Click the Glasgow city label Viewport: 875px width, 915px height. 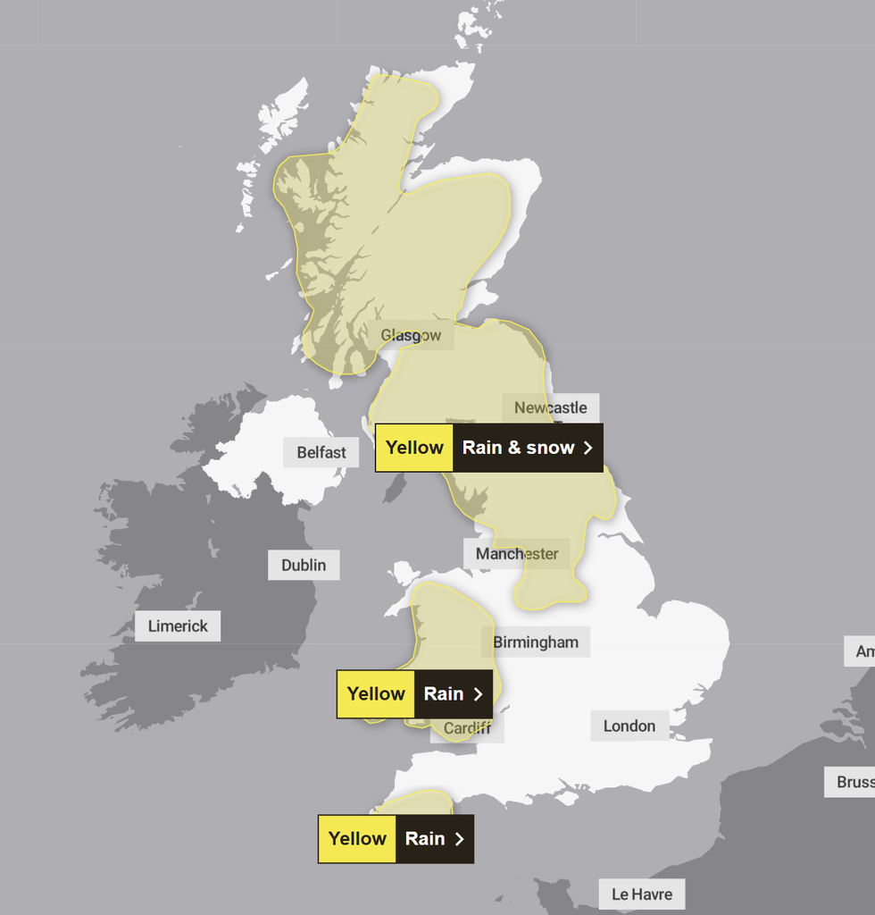point(411,336)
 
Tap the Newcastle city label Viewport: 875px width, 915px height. point(550,408)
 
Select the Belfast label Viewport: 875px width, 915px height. point(321,453)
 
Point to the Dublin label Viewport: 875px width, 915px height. point(304,565)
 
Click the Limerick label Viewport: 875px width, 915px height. point(178,626)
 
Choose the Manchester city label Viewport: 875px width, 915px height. point(517,554)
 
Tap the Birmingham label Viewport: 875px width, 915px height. point(536,642)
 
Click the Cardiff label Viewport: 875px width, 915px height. point(467,728)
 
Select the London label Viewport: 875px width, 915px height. point(629,726)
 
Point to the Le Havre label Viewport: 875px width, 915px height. point(642,894)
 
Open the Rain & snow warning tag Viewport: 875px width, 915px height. point(518,448)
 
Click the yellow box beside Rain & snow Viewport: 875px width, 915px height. point(414,448)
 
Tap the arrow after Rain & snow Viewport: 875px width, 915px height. point(587,448)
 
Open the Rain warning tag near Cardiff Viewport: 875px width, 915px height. point(444,694)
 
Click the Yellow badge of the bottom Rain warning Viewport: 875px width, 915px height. point(357,839)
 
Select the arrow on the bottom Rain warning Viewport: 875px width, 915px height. point(459,839)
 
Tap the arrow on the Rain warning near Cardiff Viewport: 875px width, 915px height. point(478,694)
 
